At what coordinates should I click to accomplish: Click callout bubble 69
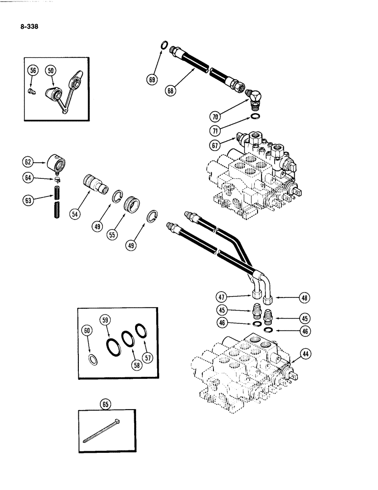tap(152, 78)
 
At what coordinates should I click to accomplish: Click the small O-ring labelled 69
tap(165, 48)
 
